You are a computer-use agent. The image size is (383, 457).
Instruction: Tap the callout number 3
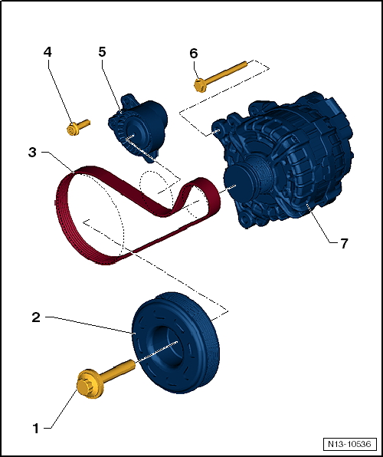32,153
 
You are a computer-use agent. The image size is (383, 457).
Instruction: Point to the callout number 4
47,52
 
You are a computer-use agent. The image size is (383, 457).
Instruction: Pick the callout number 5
102,52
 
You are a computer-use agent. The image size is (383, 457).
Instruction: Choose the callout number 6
193,53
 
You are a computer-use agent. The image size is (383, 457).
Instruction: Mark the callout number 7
344,243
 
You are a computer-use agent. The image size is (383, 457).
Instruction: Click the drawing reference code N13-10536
349,445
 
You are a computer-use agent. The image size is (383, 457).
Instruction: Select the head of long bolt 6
199,84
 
